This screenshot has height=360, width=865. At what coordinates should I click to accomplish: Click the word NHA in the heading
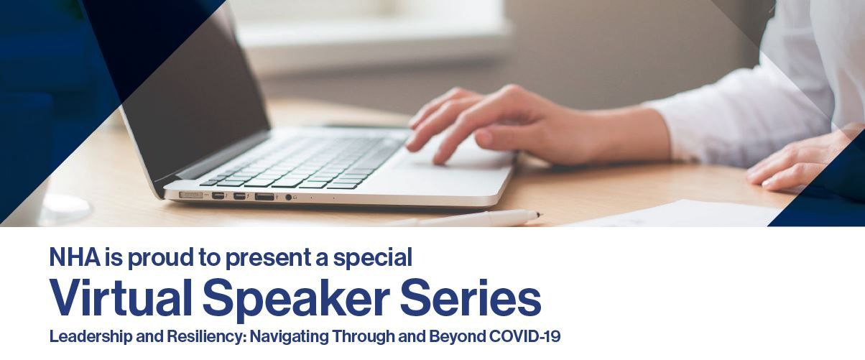coord(75,257)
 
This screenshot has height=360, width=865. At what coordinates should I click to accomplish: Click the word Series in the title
coord(471,297)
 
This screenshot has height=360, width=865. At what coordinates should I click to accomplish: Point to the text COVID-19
coord(524,336)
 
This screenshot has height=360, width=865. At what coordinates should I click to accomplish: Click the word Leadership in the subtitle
coord(91,337)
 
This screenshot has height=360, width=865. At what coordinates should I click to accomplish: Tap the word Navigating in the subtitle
coord(290,337)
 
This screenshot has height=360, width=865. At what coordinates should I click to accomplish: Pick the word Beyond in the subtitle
coord(457,337)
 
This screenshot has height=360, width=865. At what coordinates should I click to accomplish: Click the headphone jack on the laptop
coord(288,198)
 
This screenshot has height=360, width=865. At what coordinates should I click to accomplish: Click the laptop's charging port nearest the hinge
coord(191,195)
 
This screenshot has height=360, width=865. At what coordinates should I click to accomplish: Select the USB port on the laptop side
coord(264,197)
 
